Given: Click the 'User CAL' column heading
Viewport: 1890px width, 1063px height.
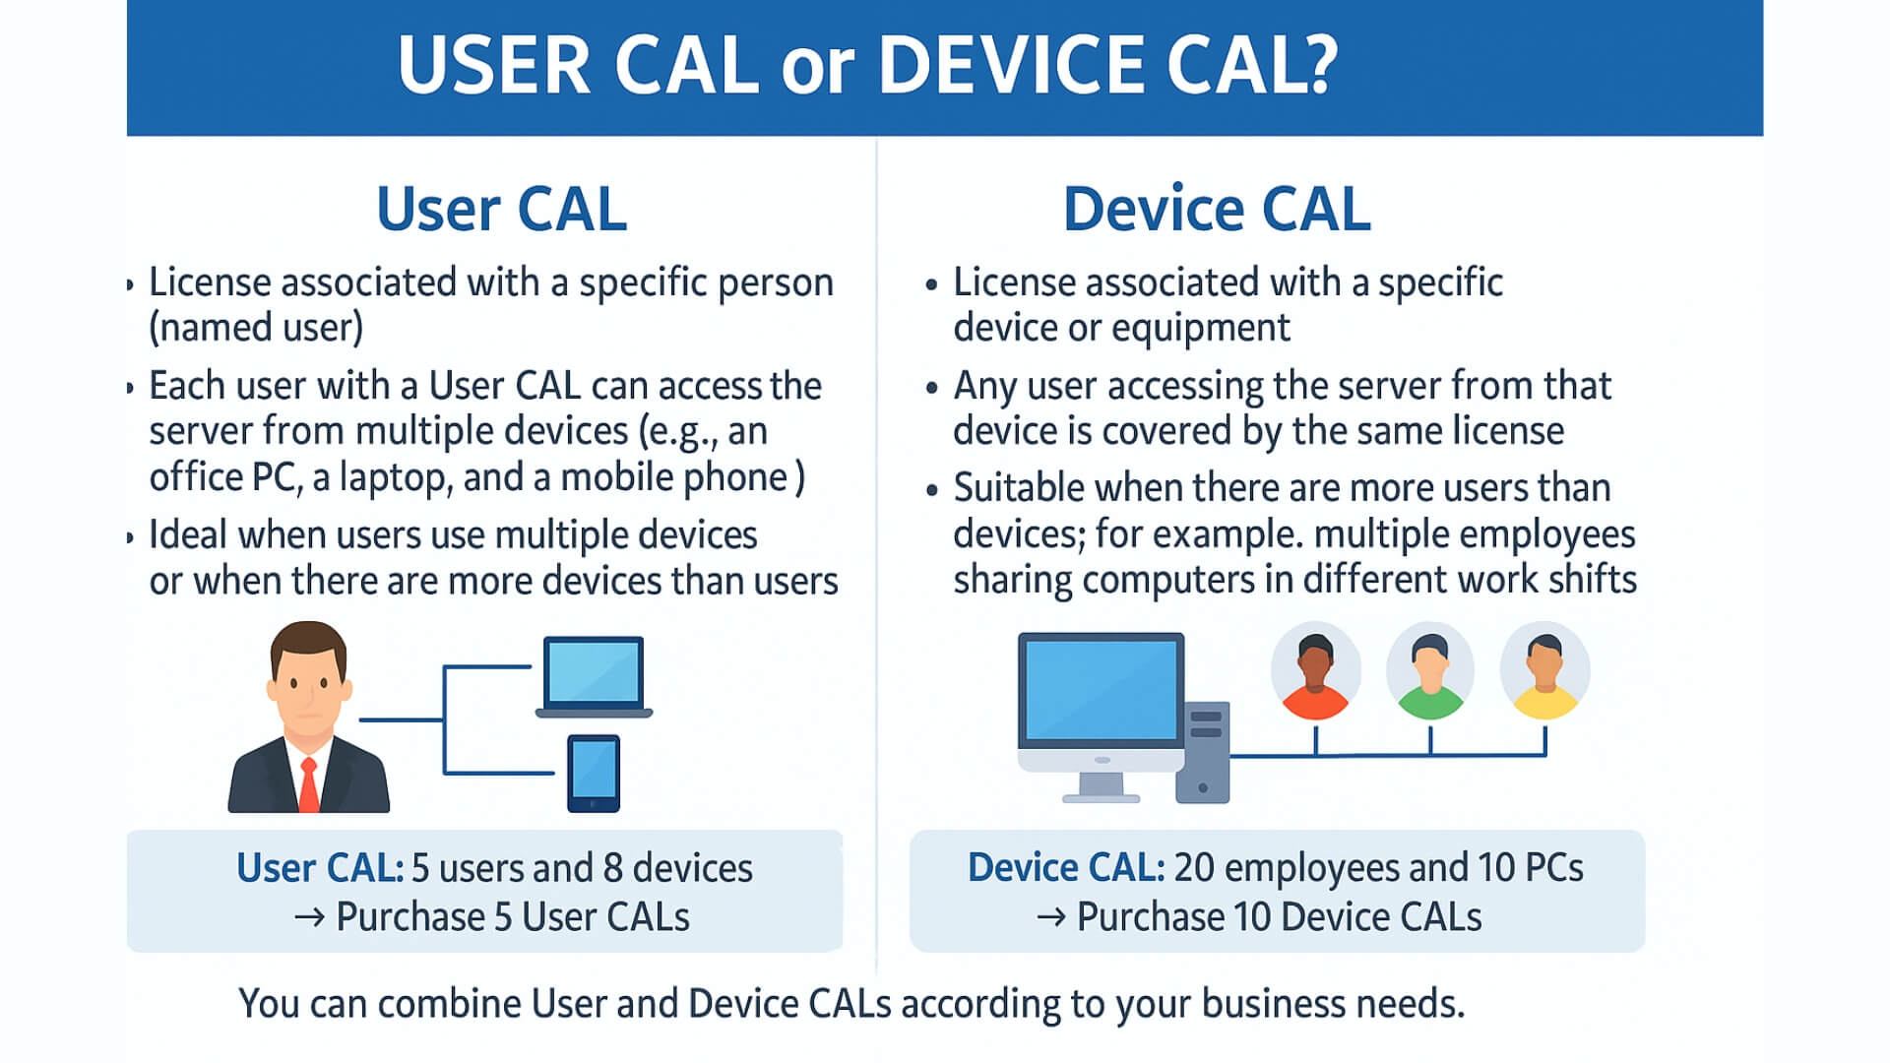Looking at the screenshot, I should point(501,209).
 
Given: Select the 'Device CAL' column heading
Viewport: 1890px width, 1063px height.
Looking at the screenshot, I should point(1217,209).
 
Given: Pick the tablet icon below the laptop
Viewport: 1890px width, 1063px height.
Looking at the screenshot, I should point(594,773).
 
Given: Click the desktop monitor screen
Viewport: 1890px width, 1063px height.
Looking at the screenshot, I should point(1101,689).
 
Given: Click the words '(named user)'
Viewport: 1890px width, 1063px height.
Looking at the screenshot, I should point(256,328).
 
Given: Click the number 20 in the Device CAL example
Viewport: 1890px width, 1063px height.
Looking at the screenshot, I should point(1194,867).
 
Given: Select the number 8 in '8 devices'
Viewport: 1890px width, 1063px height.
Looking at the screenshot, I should point(612,868).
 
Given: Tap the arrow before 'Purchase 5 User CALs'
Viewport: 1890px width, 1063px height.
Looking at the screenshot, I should point(309,917).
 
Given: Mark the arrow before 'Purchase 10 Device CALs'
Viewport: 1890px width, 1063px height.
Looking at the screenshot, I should point(1050,917).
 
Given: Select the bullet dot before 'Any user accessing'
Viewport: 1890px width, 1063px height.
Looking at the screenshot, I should point(932,388).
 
